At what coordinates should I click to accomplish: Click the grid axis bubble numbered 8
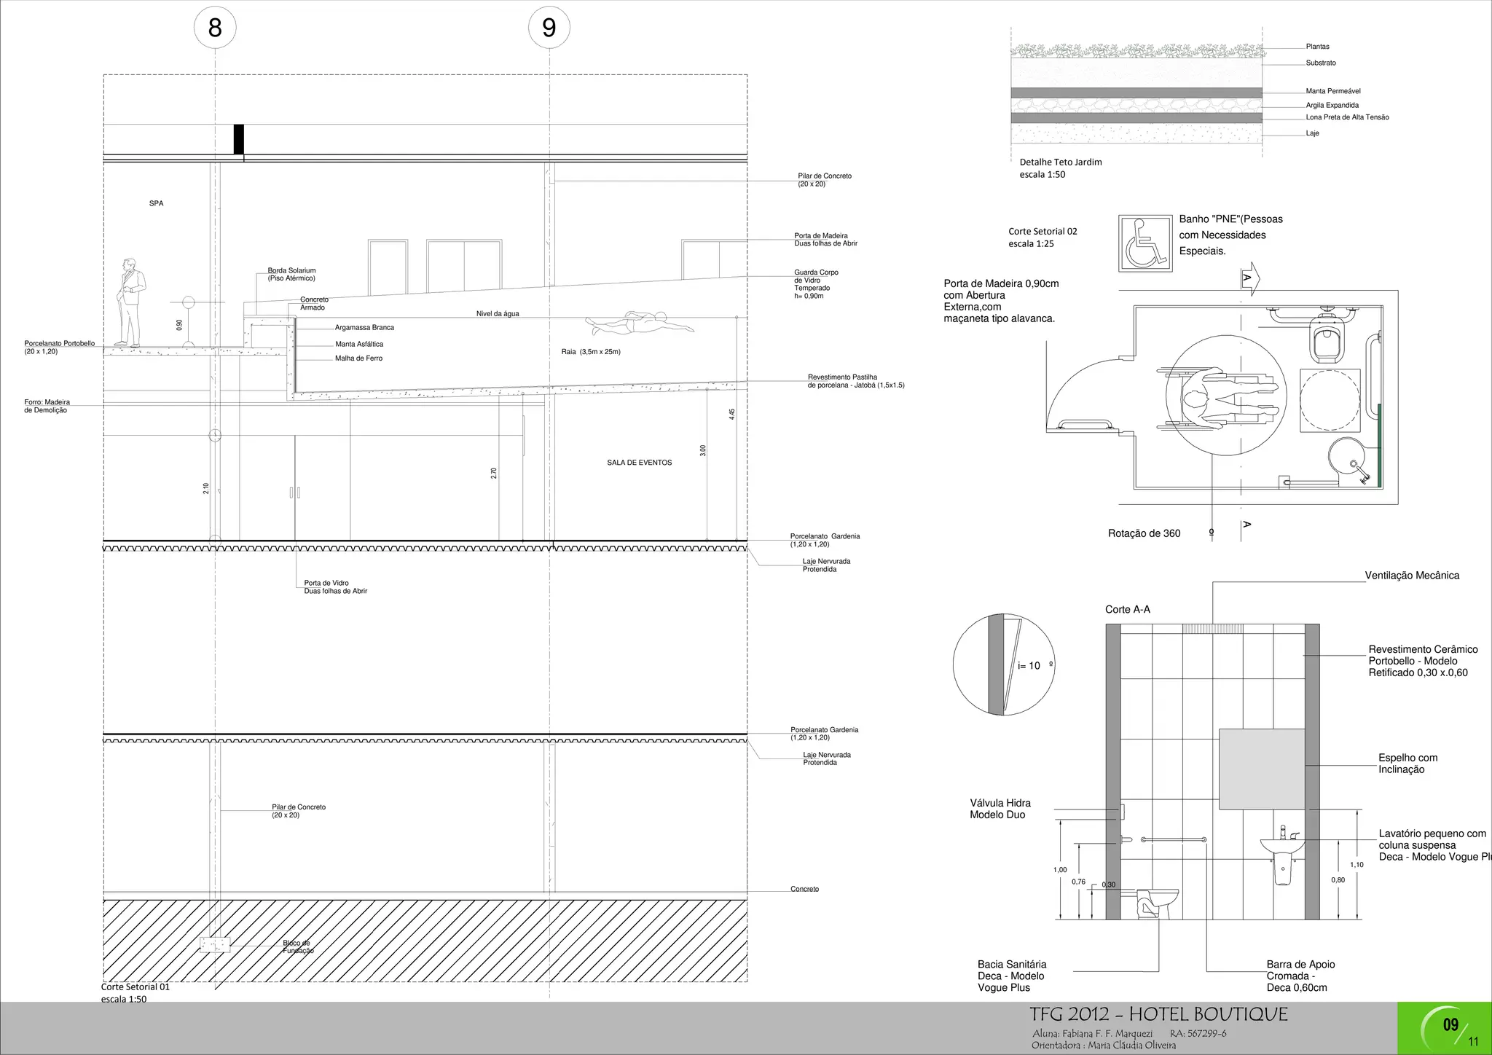point(214,28)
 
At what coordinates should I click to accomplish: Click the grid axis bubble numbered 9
point(549,28)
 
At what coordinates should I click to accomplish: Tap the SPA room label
point(156,203)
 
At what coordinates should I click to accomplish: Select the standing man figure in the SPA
point(131,302)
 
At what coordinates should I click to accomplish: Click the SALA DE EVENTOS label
point(639,463)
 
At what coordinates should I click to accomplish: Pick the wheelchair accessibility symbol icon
point(1145,243)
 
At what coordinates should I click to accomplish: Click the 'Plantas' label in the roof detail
point(1317,47)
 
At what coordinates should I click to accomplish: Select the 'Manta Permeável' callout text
point(1332,91)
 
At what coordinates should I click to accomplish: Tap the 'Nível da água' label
point(498,314)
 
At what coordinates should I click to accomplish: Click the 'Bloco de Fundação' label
point(297,947)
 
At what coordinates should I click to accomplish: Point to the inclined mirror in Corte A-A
point(1262,769)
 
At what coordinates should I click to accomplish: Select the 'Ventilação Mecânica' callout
point(1411,576)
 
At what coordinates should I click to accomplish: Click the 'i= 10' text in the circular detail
point(1029,666)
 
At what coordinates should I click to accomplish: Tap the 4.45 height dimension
point(732,414)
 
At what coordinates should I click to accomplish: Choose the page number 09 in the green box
point(1450,1025)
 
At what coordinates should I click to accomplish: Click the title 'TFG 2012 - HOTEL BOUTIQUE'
point(1158,1014)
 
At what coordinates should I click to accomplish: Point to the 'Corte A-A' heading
point(1127,610)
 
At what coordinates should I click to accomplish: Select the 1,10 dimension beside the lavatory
point(1356,865)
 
